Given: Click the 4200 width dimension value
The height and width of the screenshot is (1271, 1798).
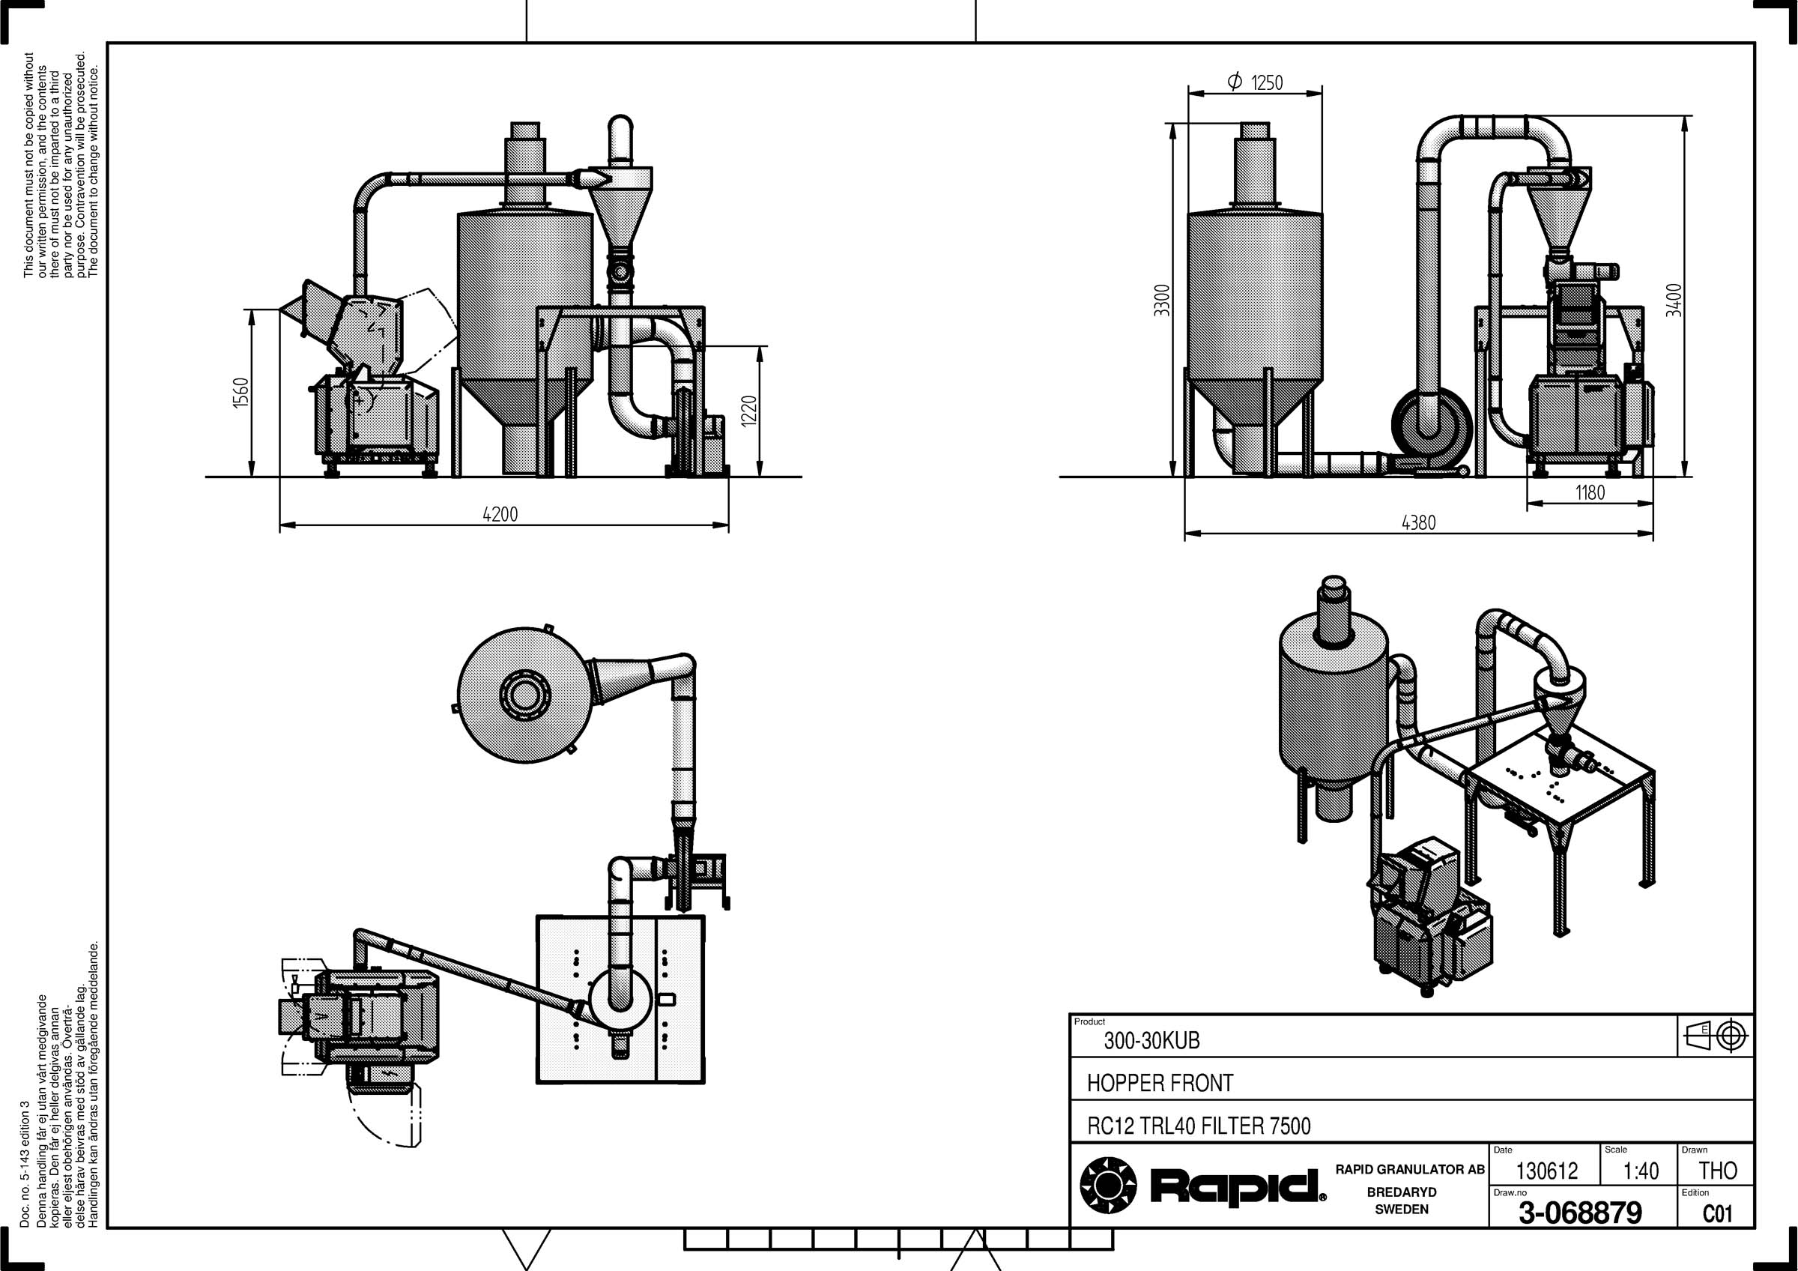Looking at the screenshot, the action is tap(500, 515).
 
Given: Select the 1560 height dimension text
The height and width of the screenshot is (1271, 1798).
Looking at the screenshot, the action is tap(240, 393).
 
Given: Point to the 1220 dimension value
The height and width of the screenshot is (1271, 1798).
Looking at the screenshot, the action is tap(748, 411).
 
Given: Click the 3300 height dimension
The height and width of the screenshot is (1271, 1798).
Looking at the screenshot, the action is tap(1162, 300).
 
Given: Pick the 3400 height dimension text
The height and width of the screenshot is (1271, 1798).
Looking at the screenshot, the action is tap(1674, 300).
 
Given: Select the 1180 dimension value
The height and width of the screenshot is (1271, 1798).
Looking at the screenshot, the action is tap(1590, 492).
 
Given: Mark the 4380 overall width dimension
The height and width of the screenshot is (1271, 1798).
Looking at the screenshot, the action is tap(1418, 522).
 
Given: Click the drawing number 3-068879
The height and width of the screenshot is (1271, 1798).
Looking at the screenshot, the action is tap(1580, 1213).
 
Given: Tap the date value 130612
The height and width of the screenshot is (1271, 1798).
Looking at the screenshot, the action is tap(1546, 1171).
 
